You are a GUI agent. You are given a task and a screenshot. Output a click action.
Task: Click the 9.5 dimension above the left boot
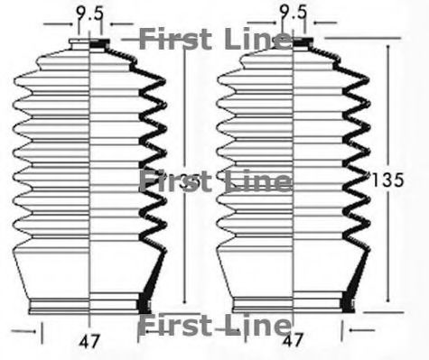[89, 13]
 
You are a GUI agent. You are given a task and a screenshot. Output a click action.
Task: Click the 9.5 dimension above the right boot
[293, 13]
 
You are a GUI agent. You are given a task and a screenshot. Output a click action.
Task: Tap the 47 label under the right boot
[293, 342]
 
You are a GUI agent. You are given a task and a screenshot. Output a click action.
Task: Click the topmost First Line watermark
[215, 39]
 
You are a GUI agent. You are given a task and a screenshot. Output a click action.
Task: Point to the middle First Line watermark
[215, 180]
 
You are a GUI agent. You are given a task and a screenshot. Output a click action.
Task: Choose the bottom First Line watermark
[215, 326]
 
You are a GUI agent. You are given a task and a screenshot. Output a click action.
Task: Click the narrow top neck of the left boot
[89, 43]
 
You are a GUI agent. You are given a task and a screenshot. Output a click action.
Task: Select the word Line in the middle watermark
[257, 180]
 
